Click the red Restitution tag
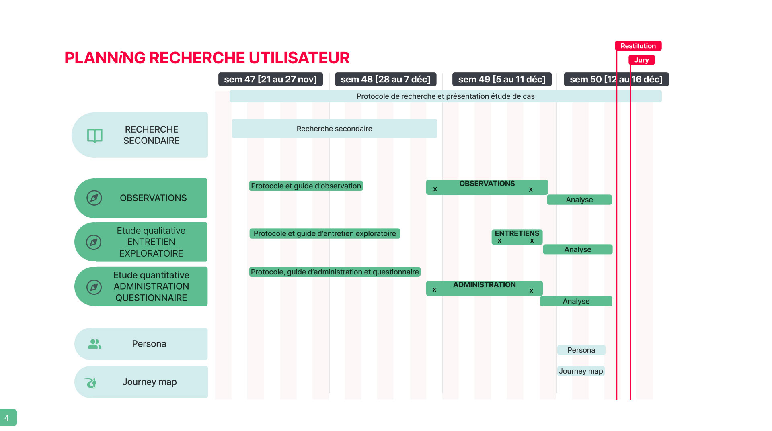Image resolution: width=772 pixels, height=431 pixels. [638, 46]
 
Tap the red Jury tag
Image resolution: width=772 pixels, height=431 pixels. [641, 60]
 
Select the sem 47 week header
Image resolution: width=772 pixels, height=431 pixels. [271, 79]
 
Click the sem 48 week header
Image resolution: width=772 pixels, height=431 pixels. [386, 79]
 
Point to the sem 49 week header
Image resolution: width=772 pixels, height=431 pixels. [502, 79]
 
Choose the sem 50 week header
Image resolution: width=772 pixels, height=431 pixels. [616, 79]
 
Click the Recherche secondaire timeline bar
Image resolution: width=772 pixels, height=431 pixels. [335, 129]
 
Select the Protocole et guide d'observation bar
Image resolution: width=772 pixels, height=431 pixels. [306, 186]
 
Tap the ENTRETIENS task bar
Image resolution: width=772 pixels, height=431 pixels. [517, 237]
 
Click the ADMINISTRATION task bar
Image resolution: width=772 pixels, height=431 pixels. [485, 288]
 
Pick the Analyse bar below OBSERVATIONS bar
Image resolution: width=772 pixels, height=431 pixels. [579, 200]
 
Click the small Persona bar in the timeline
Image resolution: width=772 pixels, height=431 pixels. [581, 350]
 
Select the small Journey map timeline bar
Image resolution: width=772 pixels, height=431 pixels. [581, 371]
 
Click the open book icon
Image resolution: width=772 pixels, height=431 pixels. [95, 136]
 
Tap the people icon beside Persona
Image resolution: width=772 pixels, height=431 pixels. [94, 344]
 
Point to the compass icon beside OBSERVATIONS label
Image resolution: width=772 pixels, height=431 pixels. [94, 198]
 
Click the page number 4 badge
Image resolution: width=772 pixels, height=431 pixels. [8, 418]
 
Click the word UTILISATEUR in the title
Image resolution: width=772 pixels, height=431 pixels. [299, 58]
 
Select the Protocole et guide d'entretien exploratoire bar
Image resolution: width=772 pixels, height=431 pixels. [325, 233]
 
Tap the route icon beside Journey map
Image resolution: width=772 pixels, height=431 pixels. [91, 383]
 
